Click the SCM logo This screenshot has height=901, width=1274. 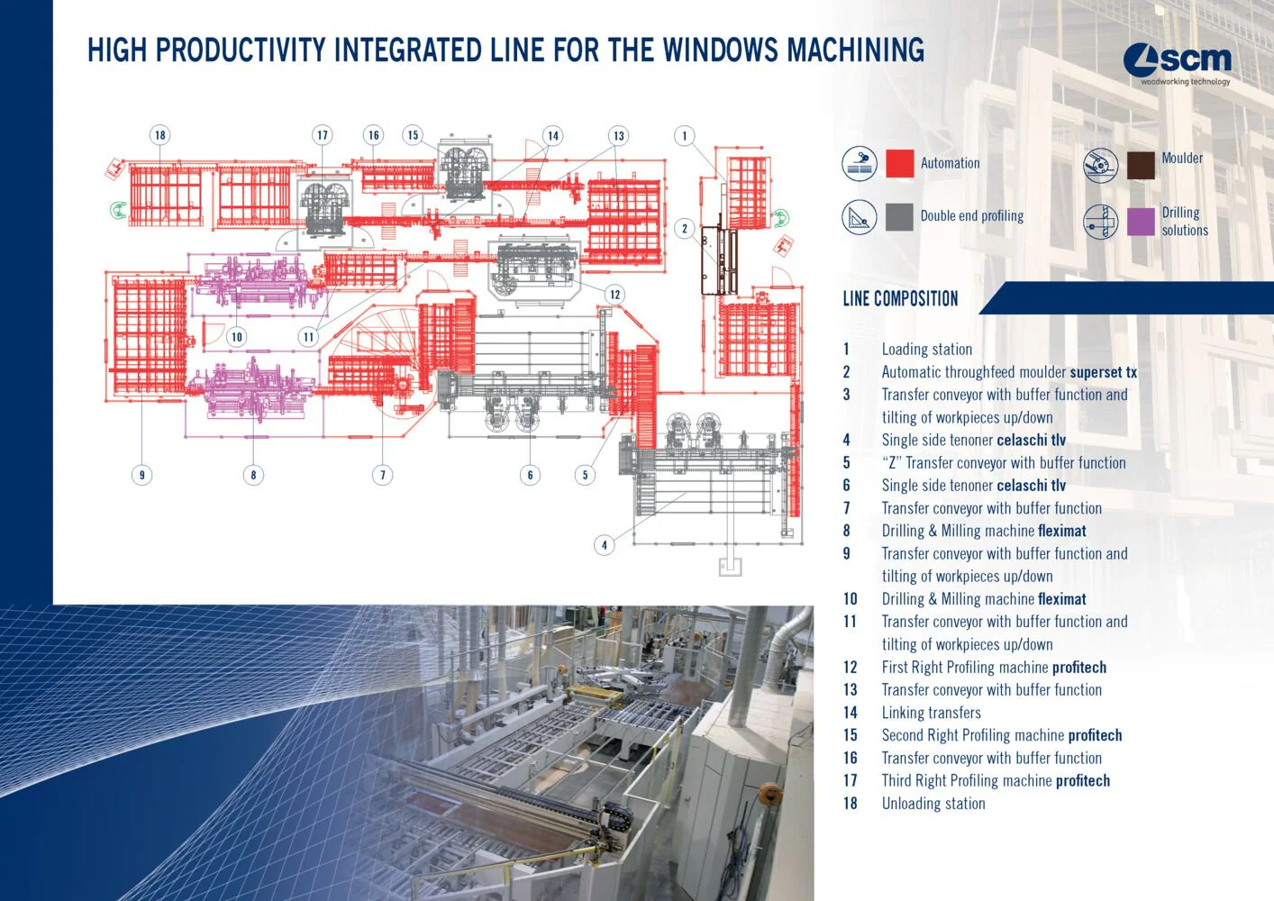1177,62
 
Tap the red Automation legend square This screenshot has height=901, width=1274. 899,163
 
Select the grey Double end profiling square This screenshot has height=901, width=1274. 899,216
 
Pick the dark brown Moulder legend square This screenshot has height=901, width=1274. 1141,165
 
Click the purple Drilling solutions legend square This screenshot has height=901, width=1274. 1141,221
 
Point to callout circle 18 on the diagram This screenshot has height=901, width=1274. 160,135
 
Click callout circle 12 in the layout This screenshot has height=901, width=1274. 614,294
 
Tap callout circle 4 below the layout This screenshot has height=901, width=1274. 605,544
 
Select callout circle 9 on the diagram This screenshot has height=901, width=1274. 141,475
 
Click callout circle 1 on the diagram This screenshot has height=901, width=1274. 684,136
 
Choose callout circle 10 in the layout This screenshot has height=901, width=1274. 237,337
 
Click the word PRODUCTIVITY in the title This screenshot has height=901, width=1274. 241,50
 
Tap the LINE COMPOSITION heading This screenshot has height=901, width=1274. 900,299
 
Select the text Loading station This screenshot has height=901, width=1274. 926,350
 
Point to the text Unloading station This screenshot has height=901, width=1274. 933,804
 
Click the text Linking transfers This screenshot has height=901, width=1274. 931,713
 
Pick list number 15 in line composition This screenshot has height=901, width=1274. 850,735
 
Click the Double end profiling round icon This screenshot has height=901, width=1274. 859,217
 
